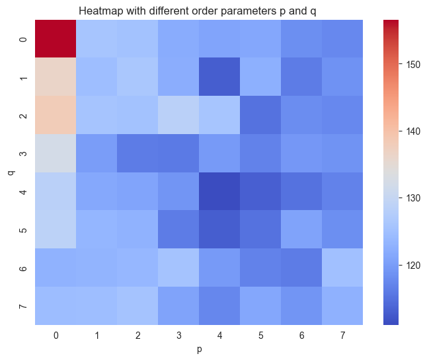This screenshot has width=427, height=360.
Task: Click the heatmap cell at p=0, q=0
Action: (56, 39)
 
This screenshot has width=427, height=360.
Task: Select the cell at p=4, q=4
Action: (220, 192)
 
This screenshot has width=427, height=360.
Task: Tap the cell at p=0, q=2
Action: (56, 116)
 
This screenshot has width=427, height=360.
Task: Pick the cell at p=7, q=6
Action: (343, 268)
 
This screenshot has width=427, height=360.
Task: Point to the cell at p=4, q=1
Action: (220, 77)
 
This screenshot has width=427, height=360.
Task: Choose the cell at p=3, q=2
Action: (179, 116)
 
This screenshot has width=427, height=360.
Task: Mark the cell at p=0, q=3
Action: (56, 154)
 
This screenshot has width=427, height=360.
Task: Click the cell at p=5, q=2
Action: (261, 116)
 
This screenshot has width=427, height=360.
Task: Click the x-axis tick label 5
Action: (261, 336)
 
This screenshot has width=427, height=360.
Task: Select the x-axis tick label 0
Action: (56, 336)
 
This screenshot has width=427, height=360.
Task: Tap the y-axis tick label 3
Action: (23, 154)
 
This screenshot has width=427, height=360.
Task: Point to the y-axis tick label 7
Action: (23, 306)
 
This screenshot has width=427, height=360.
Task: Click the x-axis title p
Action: (200, 348)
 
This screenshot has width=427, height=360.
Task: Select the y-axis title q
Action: (11, 173)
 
